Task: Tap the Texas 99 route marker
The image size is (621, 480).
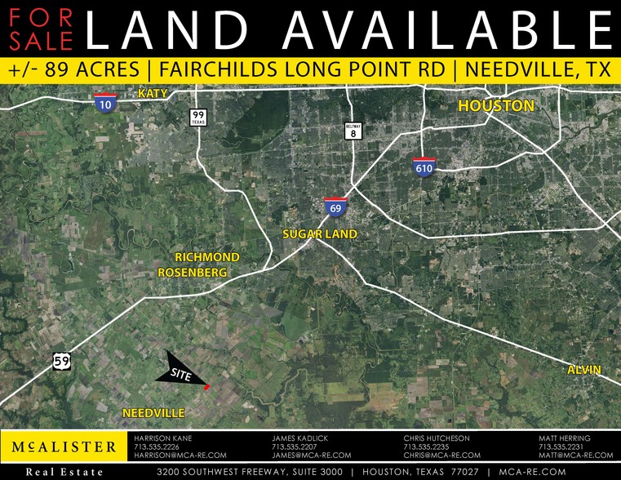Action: [197, 118]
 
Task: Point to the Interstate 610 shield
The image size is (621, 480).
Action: [424, 167]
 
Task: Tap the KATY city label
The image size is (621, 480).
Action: [153, 94]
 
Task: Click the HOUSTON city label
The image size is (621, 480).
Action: [495, 106]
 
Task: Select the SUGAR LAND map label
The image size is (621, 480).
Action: [320, 234]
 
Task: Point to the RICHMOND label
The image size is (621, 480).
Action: [207, 257]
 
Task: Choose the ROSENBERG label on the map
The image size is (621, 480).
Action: [192, 273]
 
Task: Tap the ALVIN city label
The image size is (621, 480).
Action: [584, 370]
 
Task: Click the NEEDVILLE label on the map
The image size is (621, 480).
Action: [154, 413]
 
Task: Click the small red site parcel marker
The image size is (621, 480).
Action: [207, 387]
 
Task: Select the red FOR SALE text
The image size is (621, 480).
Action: [38, 29]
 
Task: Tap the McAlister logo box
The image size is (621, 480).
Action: [64, 447]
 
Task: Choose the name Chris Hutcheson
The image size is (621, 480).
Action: [437, 438]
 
